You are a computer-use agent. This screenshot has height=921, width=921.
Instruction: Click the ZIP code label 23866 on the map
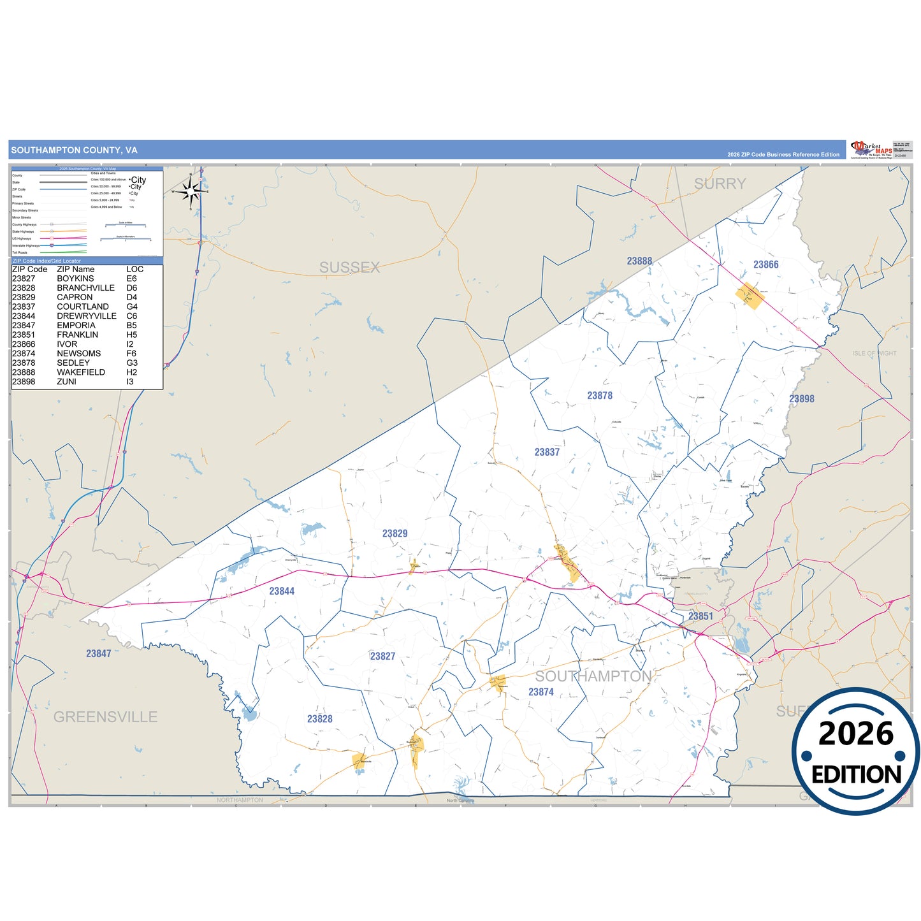pyautogui.click(x=765, y=265)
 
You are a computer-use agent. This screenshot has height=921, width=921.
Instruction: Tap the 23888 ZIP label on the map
pyautogui.click(x=639, y=261)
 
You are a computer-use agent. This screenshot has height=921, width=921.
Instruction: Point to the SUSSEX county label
pyautogui.click(x=349, y=268)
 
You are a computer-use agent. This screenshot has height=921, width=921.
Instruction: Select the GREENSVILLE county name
pyautogui.click(x=105, y=717)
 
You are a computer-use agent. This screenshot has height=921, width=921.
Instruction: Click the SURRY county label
pyautogui.click(x=720, y=184)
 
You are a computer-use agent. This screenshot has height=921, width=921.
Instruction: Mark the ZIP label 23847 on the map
pyautogui.click(x=99, y=653)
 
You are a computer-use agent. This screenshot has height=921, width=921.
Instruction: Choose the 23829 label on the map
pyautogui.click(x=395, y=533)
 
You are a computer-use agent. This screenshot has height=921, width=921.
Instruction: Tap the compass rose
pyautogui.click(x=191, y=190)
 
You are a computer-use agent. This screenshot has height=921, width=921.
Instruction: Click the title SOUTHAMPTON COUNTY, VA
pyautogui.click(x=74, y=150)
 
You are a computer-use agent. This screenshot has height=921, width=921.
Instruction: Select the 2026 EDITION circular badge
pyautogui.click(x=855, y=751)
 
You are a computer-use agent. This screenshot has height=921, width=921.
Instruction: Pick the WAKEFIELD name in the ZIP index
pyautogui.click(x=81, y=372)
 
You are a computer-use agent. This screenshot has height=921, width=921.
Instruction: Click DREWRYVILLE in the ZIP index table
pyautogui.click(x=87, y=316)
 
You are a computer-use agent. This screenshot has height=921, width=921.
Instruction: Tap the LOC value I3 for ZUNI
pyautogui.click(x=130, y=382)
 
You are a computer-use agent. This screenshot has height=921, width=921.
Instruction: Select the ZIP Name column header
pyautogui.click(x=75, y=269)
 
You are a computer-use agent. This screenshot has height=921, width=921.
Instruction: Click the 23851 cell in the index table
pyautogui.click(x=24, y=335)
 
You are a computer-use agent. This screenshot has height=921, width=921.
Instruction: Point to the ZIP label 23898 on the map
pyautogui.click(x=801, y=399)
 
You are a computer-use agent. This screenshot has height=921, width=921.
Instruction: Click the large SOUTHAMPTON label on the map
pyautogui.click(x=593, y=676)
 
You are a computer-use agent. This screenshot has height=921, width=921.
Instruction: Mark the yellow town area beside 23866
pyautogui.click(x=750, y=296)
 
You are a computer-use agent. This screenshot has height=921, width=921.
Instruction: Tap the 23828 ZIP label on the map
pyautogui.click(x=319, y=719)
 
